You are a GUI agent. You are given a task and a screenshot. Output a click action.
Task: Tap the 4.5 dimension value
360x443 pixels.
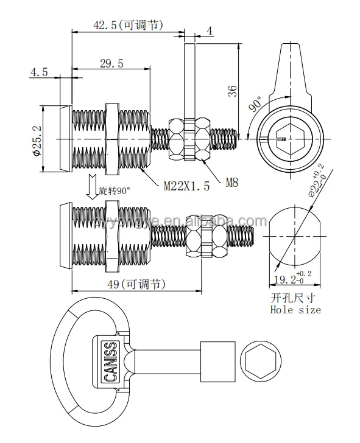(x=39, y=72)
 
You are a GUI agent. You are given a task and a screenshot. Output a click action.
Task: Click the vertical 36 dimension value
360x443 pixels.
(x=232, y=91)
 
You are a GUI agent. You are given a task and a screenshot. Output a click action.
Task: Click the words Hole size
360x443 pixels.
(x=295, y=310)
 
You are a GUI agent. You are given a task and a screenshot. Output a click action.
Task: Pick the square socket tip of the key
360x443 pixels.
(x=217, y=360)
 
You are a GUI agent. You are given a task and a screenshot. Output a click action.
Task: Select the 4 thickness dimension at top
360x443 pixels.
(x=209, y=29)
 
